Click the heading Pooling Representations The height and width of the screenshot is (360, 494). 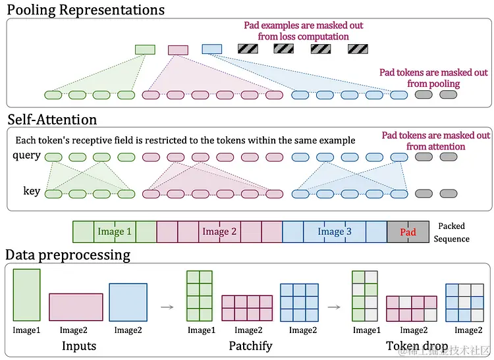tap(85, 9)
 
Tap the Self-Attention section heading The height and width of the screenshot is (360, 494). tap(52, 119)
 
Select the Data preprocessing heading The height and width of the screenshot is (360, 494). tap(68, 254)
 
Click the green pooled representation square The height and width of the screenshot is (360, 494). tap(145, 49)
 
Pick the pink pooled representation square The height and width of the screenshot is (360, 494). tap(178, 49)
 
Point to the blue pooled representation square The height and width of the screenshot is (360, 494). tap(212, 49)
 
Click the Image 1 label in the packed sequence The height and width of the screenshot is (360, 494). tap(115, 232)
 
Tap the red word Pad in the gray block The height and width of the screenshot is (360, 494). tap(408, 232)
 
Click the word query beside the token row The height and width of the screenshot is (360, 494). tap(26, 156)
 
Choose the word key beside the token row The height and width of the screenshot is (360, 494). tap(32, 192)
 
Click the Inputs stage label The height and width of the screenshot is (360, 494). tap(79, 346)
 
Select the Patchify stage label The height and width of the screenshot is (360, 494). tap(250, 346)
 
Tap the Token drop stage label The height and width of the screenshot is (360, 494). tap(417, 346)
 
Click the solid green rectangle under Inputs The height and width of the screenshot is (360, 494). tap(26, 295)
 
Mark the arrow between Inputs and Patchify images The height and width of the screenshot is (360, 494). tap(167, 306)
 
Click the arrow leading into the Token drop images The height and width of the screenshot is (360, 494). tap(334, 306)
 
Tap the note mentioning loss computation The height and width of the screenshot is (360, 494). tap(304, 31)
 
